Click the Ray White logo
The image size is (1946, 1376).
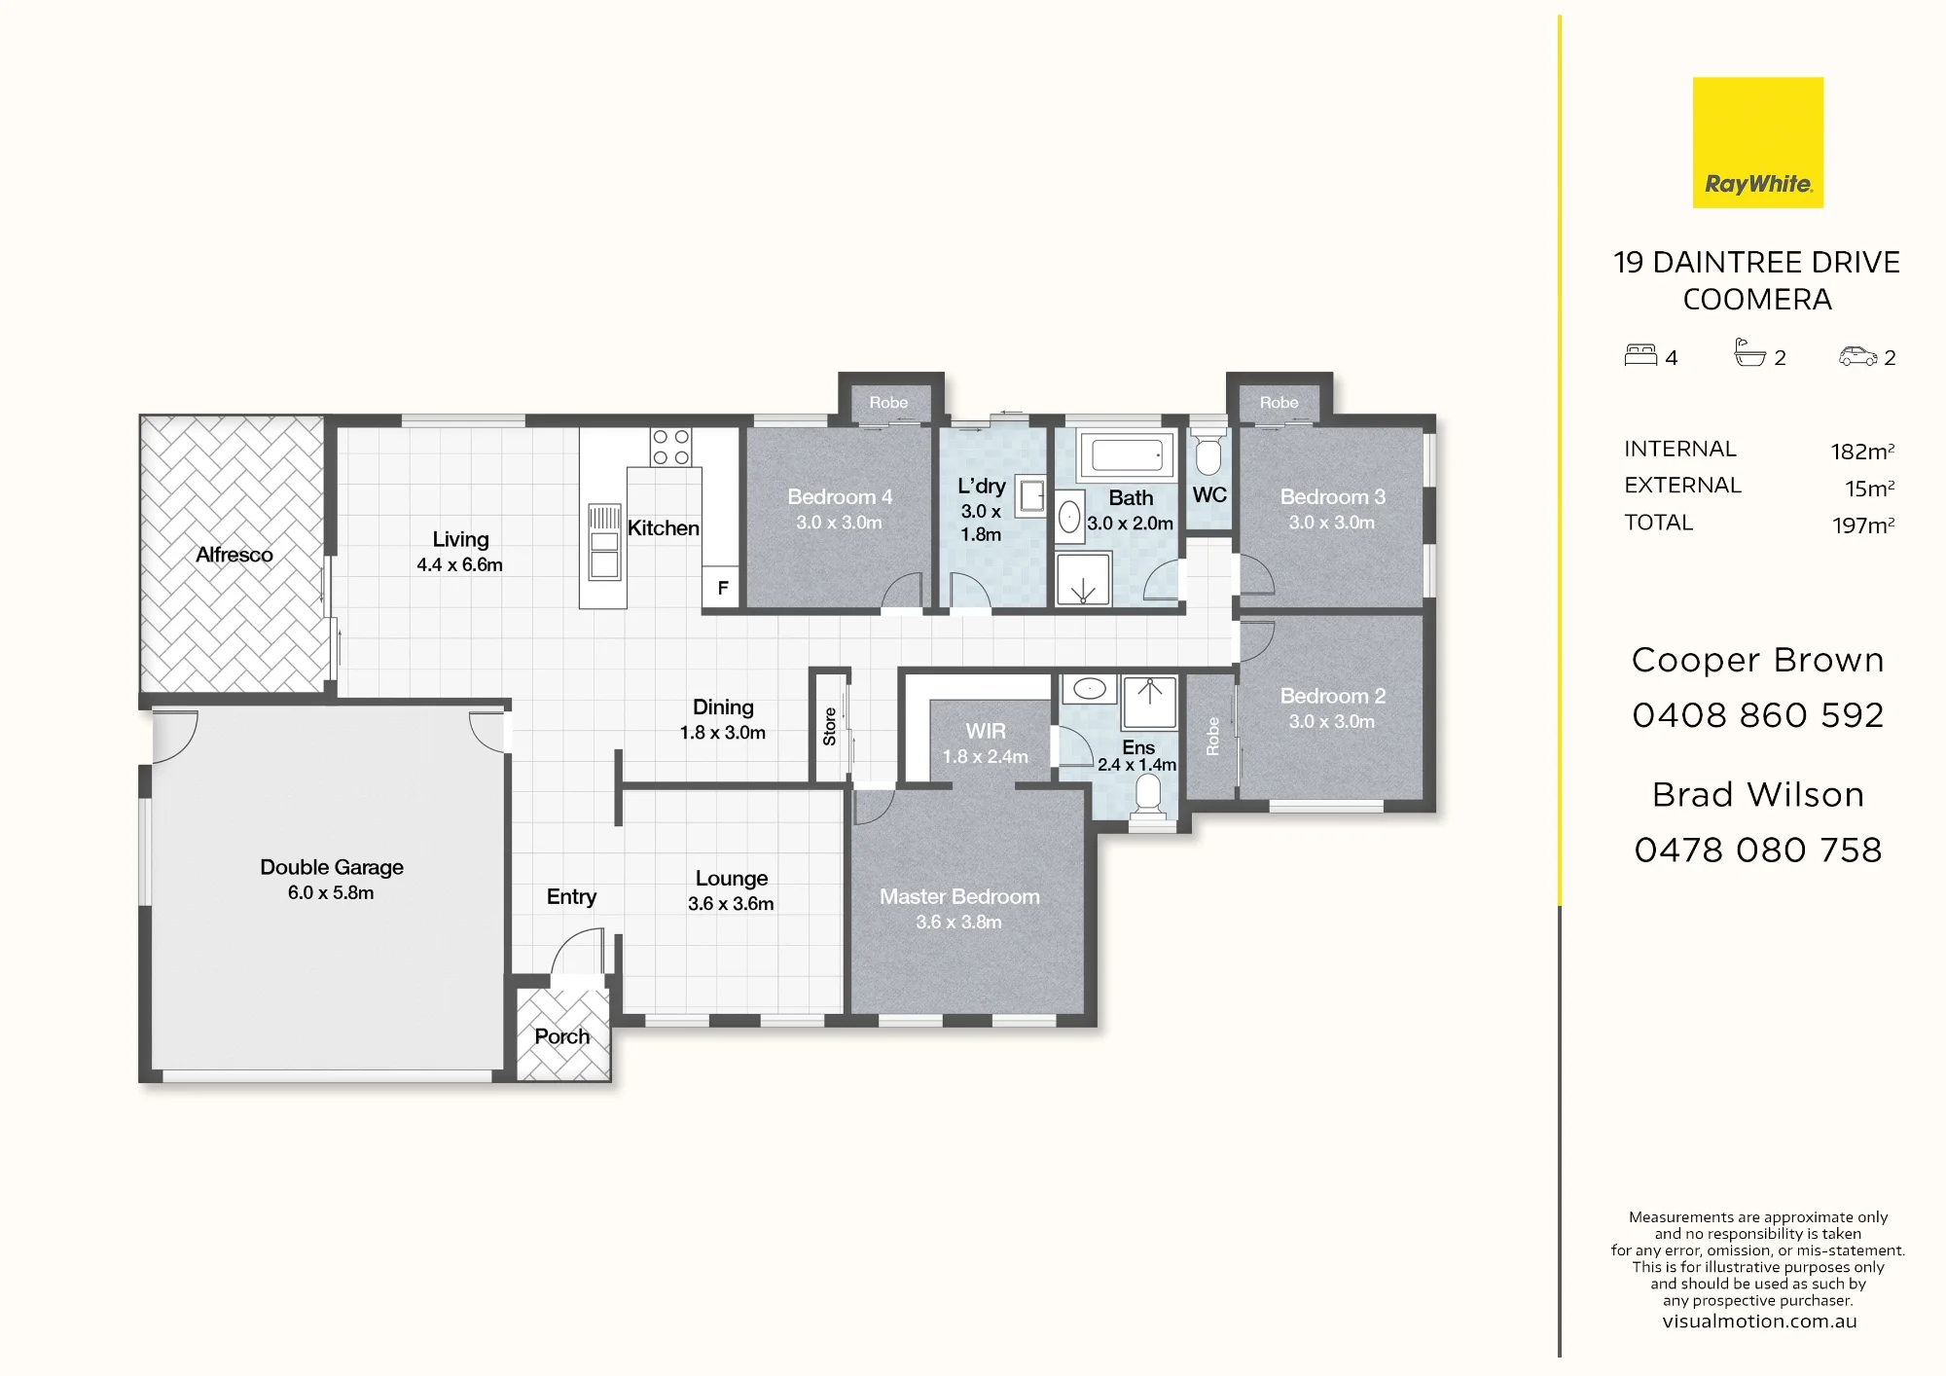click(1757, 142)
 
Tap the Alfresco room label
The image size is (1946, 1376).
click(234, 555)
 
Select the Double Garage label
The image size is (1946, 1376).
click(331, 867)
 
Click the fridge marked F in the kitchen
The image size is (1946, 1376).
click(722, 588)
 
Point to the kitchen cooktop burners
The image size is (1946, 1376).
click(670, 448)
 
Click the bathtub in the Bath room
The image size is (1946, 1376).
click(1127, 454)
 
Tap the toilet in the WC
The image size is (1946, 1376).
click(1208, 454)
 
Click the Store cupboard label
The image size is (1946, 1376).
click(829, 726)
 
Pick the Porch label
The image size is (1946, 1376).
click(561, 1036)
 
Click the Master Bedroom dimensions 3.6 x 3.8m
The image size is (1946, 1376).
click(958, 922)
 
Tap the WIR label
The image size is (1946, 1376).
click(986, 731)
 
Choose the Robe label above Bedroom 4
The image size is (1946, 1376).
click(888, 402)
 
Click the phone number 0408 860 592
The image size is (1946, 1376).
click(1758, 715)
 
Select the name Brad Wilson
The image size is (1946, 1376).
click(1758, 795)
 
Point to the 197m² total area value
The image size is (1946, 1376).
click(1863, 525)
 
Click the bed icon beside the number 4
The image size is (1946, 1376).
click(1640, 355)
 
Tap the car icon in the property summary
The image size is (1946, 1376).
click(1857, 356)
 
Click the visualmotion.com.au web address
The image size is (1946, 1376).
click(1759, 1322)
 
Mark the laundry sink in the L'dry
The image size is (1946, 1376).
click(1030, 495)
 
